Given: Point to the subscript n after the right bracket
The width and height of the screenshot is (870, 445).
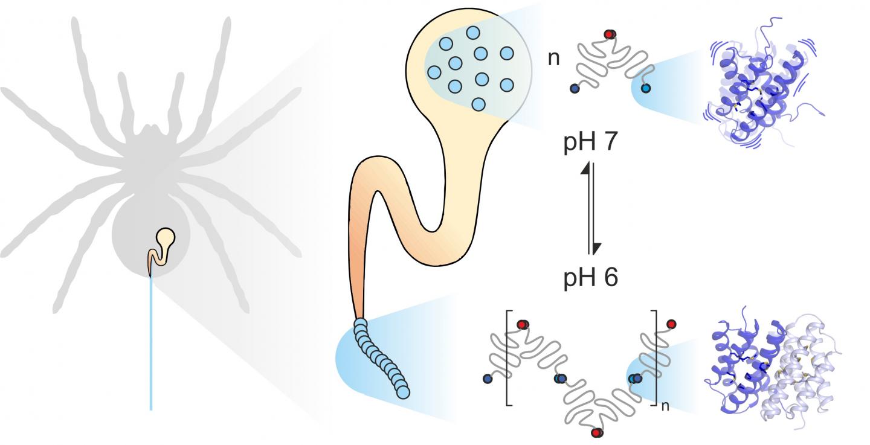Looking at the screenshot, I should pyautogui.click(x=665, y=406).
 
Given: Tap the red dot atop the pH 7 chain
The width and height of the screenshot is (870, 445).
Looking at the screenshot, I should pyautogui.click(x=609, y=34).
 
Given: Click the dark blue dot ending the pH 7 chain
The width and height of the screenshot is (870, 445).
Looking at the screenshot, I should pyautogui.click(x=574, y=89).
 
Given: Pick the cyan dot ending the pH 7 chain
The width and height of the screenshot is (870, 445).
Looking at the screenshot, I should pyautogui.click(x=646, y=89).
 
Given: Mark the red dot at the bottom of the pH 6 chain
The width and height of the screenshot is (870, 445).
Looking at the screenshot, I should pyautogui.click(x=598, y=433).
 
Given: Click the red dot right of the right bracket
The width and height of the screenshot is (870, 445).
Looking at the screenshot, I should pyautogui.click(x=671, y=324).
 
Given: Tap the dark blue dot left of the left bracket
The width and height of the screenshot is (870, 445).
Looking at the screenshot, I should pyautogui.click(x=488, y=379).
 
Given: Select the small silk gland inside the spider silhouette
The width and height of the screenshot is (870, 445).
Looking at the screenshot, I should pyautogui.click(x=160, y=247).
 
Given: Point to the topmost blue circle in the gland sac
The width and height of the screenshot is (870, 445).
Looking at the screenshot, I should pyautogui.click(x=473, y=33).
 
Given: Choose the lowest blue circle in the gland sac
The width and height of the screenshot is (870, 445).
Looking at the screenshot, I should pyautogui.click(x=477, y=104).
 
